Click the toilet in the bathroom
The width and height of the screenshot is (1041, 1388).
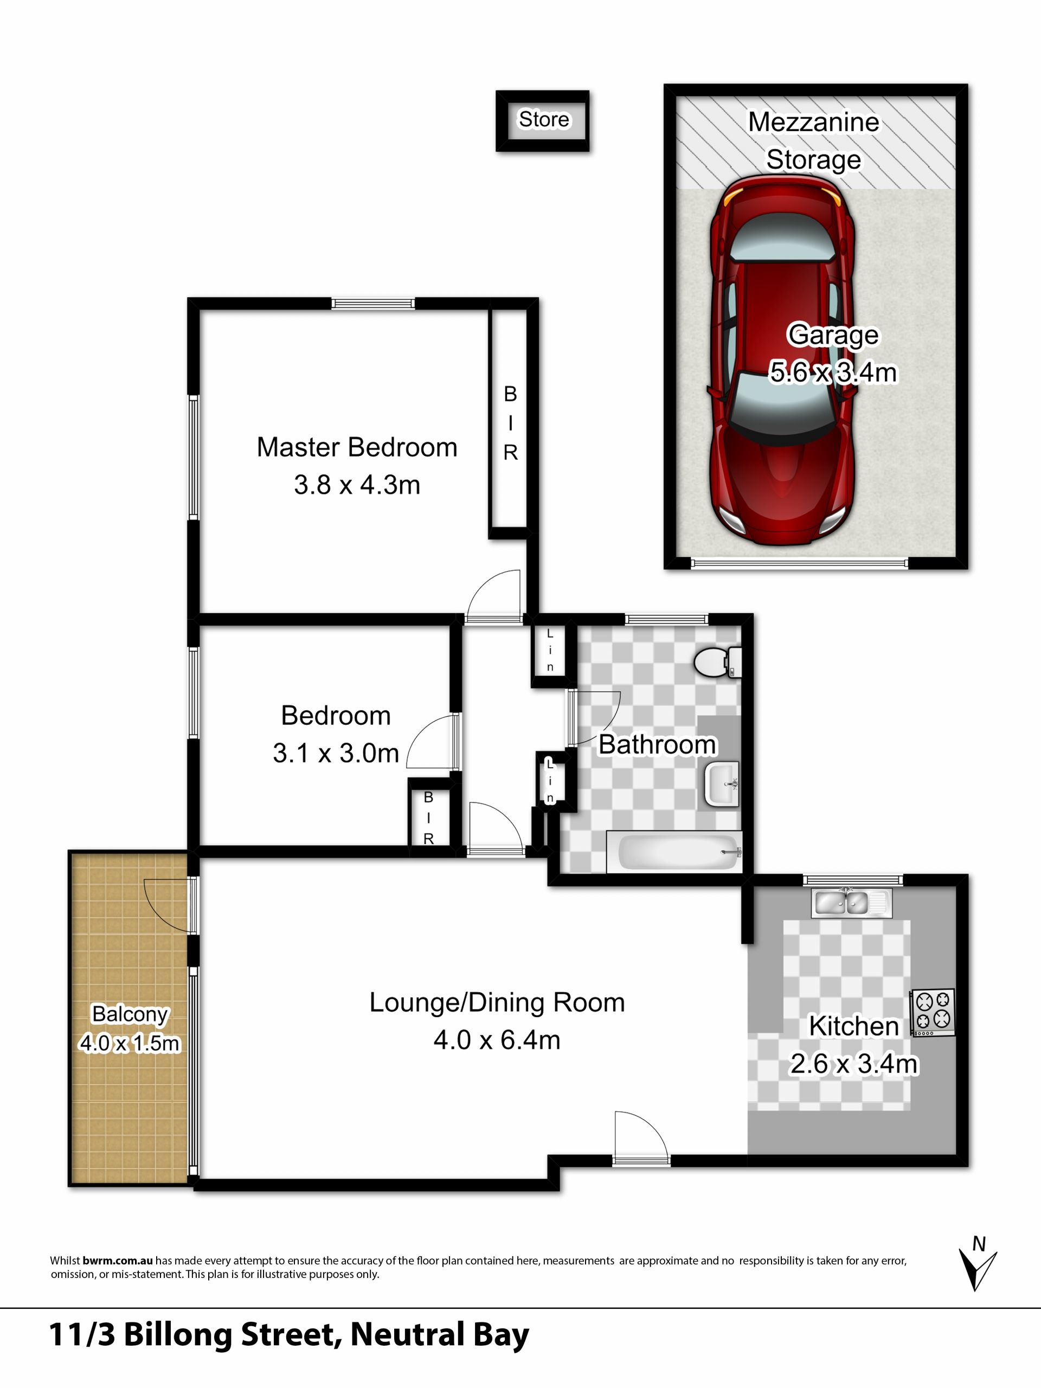718,662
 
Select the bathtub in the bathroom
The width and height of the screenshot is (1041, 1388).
674,851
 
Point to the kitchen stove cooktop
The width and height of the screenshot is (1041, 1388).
933,1012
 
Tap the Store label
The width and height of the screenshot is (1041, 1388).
543,119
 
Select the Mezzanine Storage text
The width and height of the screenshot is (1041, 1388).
813,140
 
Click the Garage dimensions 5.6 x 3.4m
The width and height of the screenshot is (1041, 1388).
833,372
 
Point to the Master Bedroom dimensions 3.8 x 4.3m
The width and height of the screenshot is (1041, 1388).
357,485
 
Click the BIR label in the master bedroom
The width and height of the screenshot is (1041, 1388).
510,423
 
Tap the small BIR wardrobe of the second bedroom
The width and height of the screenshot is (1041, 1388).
428,818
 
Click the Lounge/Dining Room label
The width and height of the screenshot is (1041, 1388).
497,1002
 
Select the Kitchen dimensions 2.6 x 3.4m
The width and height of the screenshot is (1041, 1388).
853,1064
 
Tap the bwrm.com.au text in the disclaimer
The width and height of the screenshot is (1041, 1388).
117,1261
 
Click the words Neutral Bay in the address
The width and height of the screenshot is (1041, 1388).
439,1335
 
